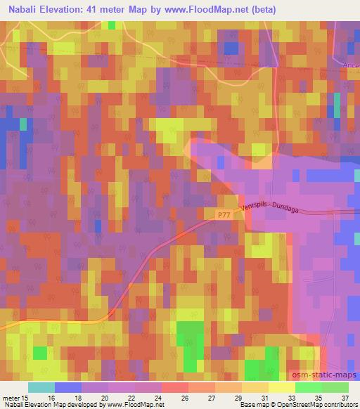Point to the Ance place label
tap(352, 65)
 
